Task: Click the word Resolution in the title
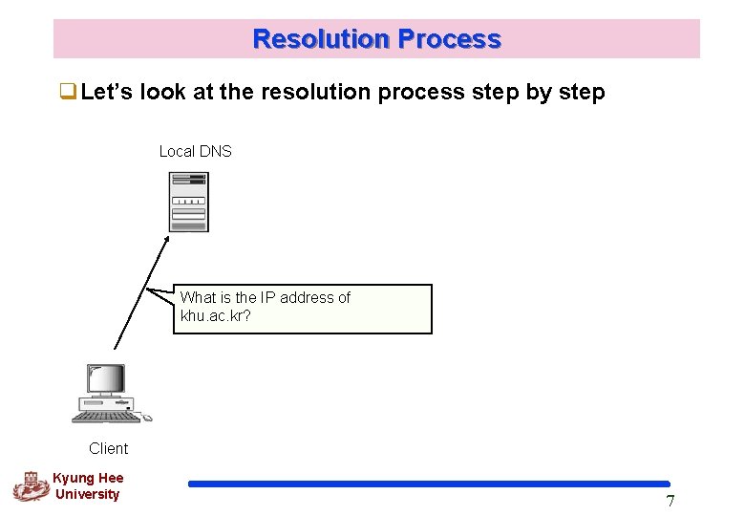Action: (x=321, y=39)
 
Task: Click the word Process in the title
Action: (x=449, y=39)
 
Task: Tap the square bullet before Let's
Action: (x=69, y=93)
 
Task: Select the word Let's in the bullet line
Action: (x=108, y=93)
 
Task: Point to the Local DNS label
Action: (x=195, y=151)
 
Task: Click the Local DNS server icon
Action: (x=188, y=202)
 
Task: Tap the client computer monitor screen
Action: (x=104, y=379)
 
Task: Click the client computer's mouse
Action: (x=147, y=418)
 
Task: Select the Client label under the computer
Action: (x=108, y=448)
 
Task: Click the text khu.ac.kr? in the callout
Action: (x=216, y=315)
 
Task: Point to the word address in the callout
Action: (x=308, y=297)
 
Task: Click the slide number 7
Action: (x=670, y=502)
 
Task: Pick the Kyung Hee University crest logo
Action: (x=30, y=485)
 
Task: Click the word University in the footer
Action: (x=88, y=494)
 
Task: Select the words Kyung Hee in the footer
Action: (x=88, y=478)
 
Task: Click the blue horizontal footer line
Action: (x=430, y=484)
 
